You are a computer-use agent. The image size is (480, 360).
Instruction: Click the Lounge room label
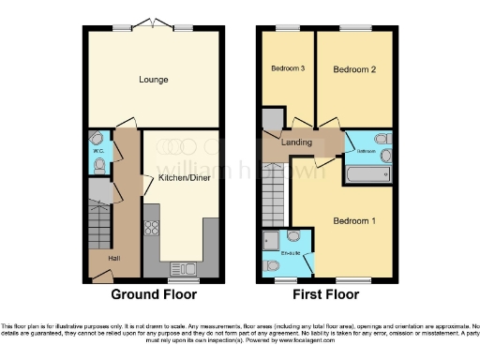point(154,80)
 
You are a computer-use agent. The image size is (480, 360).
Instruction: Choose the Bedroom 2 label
point(353,70)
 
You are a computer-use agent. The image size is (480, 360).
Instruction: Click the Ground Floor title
point(155,294)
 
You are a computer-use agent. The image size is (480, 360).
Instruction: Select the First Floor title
point(326,294)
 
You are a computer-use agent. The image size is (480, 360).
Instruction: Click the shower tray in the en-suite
point(275,239)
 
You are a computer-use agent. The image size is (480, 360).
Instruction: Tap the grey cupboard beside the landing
point(272,119)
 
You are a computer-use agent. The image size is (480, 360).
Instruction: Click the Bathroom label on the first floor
point(367,149)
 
